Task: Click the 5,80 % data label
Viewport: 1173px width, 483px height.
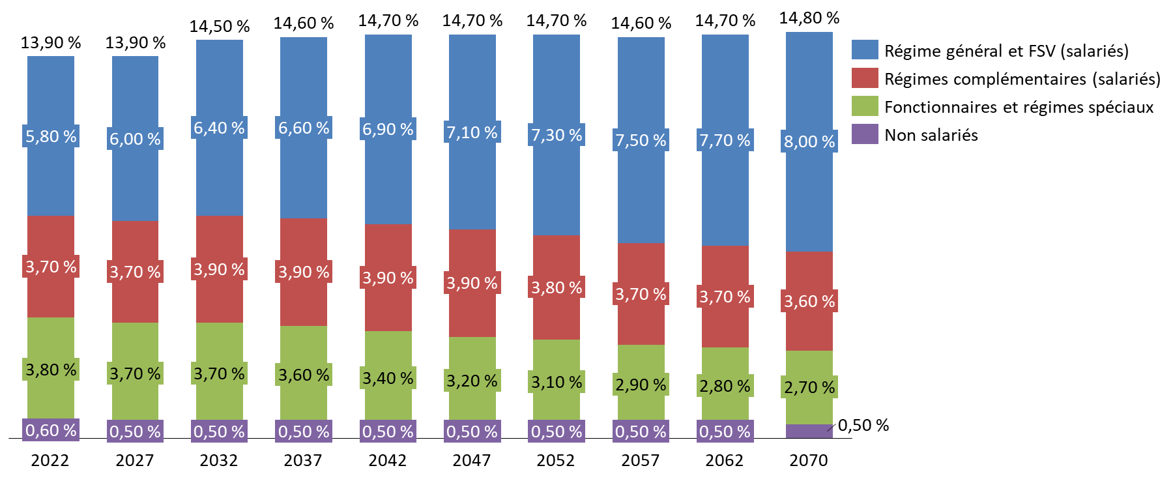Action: (x=51, y=136)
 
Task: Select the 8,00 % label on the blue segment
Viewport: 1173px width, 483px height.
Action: (x=809, y=141)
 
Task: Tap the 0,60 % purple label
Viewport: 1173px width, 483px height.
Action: (x=51, y=430)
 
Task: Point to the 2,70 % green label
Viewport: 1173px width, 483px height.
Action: (x=809, y=387)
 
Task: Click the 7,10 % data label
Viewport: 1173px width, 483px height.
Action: (x=472, y=132)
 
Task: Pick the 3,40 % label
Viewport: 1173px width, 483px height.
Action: (x=388, y=378)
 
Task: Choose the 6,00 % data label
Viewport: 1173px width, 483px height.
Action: (x=135, y=139)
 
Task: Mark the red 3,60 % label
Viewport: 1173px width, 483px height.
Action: (x=809, y=301)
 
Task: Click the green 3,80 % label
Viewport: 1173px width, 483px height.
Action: (x=51, y=370)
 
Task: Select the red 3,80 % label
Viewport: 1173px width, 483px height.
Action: (x=557, y=287)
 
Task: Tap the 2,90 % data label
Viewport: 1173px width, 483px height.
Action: (x=641, y=385)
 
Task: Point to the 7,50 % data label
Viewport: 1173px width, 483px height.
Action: (x=641, y=140)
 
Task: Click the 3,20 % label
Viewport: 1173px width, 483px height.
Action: (x=472, y=381)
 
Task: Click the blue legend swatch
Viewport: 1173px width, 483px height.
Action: (x=865, y=50)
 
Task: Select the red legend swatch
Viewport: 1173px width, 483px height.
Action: (x=865, y=78)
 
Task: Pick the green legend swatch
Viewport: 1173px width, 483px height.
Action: (x=865, y=106)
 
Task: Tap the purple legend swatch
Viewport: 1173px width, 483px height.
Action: (x=865, y=134)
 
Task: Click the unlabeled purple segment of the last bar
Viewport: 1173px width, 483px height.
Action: (x=809, y=431)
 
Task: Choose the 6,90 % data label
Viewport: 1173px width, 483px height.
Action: (x=388, y=129)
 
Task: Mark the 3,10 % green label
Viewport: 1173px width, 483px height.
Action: (x=557, y=382)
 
